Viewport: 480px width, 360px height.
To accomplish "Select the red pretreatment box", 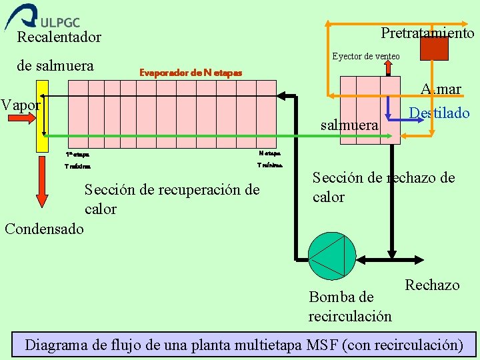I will point(435,48).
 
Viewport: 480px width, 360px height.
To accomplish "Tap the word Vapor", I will point(21,105).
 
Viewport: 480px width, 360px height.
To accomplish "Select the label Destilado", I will point(439,113).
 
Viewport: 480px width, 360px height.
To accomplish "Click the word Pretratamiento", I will point(427,33).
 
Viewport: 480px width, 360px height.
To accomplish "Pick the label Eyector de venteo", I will point(366,56).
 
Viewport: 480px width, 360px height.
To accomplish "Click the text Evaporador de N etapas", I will point(190,72).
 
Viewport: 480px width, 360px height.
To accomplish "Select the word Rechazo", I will point(432,285).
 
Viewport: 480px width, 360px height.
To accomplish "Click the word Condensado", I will point(44,229).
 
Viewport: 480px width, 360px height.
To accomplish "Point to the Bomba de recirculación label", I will point(349,306).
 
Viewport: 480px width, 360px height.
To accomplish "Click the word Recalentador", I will point(59,37).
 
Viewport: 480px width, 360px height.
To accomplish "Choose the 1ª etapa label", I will point(77,155).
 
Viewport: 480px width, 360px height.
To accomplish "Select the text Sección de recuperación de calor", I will point(171,199).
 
